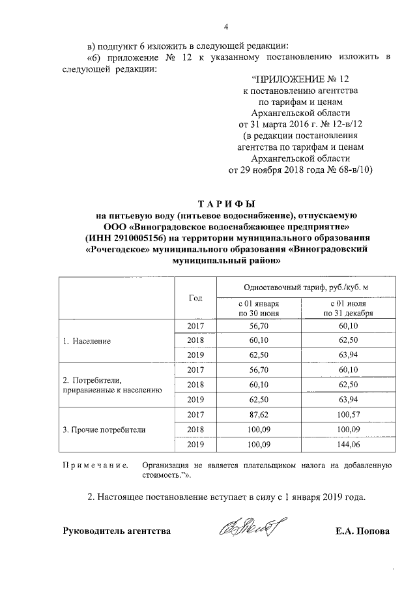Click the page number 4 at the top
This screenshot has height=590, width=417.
point(226,27)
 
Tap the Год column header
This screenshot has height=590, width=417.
point(195,297)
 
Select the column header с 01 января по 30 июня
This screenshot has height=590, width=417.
point(259,308)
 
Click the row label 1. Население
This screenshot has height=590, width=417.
point(87,341)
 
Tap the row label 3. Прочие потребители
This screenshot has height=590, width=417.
point(104,430)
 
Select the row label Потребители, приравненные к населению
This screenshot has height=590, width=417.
point(111,385)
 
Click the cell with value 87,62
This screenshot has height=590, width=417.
point(259,415)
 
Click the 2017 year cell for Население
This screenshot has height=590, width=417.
point(195,326)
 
